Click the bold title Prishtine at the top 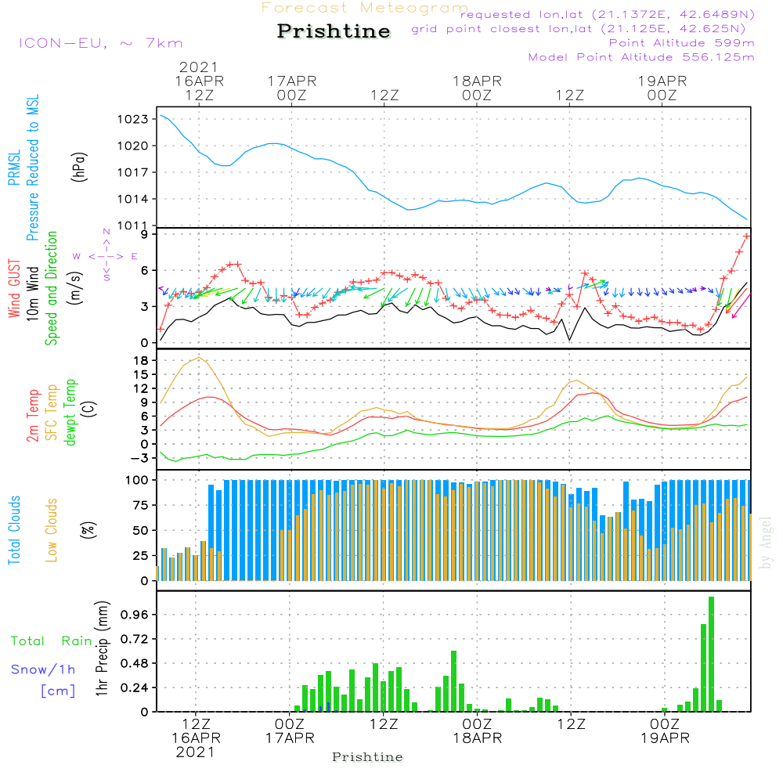pyautogui.click(x=334, y=31)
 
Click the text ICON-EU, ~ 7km pyautogui.click(x=100, y=43)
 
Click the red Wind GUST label pyautogui.click(x=14, y=290)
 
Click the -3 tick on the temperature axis pyautogui.click(x=139, y=458)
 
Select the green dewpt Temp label pyautogui.click(x=70, y=413)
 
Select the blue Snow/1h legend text pyautogui.click(x=44, y=669)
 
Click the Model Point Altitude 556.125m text pyautogui.click(x=641, y=57)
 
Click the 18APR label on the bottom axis pyautogui.click(x=477, y=738)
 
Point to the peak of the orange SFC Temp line pyautogui.click(x=200, y=358)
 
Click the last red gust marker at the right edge pyautogui.click(x=747, y=236)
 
